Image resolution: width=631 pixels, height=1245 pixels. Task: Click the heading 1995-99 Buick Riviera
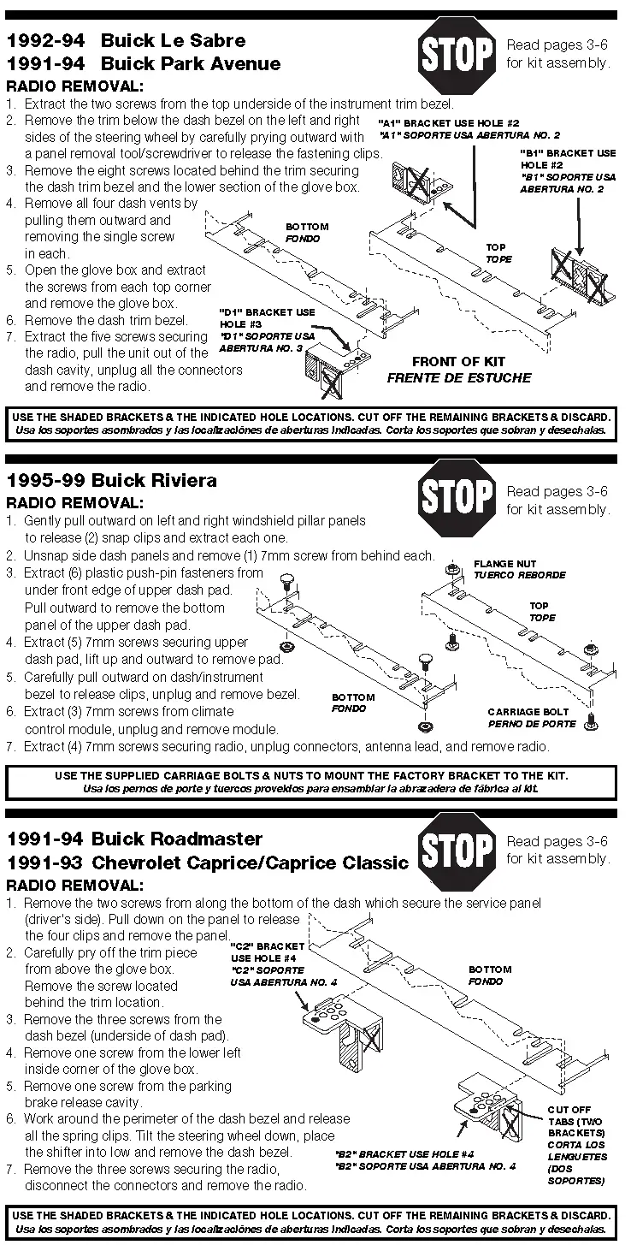[111, 480]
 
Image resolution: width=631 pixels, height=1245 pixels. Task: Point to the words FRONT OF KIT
[458, 362]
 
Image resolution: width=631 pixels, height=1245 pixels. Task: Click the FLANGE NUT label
[505, 565]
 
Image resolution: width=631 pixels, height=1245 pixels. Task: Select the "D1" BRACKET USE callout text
[268, 311]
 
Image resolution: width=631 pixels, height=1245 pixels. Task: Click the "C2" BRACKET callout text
[268, 946]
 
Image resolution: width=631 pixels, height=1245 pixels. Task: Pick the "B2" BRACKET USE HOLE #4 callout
[425, 1154]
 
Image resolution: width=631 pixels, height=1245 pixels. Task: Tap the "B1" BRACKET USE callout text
[568, 153]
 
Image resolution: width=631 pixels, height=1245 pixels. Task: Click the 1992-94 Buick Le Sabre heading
[126, 40]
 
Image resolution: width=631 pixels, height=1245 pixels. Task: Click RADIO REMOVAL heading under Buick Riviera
[74, 502]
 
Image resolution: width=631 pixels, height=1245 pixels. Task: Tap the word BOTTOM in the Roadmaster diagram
[490, 969]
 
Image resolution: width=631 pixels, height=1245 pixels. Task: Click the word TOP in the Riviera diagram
[539, 606]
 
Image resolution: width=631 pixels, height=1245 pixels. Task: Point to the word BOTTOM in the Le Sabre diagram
[303, 227]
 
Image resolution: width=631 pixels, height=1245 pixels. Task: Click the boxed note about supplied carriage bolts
[311, 781]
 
